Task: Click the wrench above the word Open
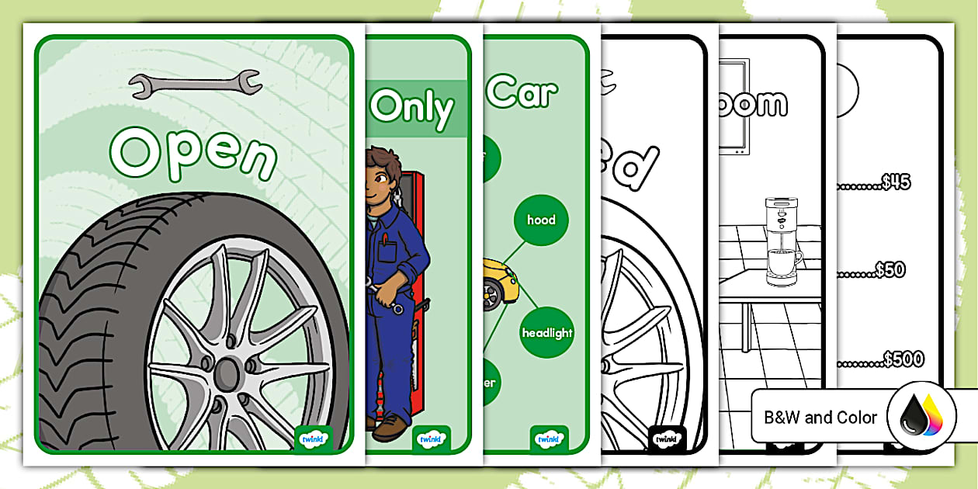[x=196, y=84]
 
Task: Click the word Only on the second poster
[x=411, y=108]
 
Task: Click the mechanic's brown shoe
[x=390, y=428]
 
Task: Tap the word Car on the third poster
[x=521, y=93]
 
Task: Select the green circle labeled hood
[x=541, y=220]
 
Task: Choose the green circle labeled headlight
[x=546, y=332]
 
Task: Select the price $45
[x=896, y=182]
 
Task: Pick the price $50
[x=890, y=269]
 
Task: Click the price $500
[x=903, y=359]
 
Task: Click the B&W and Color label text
[x=820, y=418]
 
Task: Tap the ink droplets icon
[x=919, y=417]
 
